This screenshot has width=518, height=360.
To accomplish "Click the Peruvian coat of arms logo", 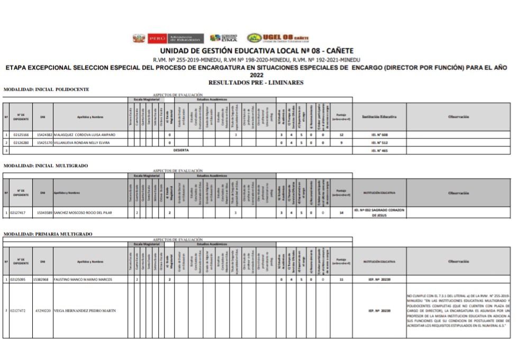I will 139,38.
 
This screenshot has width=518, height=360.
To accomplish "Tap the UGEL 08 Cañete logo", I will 278,38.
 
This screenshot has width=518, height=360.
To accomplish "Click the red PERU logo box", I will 157,38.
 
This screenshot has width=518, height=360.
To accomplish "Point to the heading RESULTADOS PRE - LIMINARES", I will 256,83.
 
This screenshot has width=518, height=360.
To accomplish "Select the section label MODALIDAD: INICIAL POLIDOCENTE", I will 47,89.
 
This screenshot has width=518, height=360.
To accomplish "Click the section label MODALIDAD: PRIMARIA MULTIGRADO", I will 48,233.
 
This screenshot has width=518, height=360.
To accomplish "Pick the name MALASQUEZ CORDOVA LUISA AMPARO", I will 84,134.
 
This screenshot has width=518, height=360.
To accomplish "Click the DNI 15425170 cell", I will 44,142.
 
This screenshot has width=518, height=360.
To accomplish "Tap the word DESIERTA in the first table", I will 181,150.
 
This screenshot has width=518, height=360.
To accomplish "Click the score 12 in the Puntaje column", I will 341,134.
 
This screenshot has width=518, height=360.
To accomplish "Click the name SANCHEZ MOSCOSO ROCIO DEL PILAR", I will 83,212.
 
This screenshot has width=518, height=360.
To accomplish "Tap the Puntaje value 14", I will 341,212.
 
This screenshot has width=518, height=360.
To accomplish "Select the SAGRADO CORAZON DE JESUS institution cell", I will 380,212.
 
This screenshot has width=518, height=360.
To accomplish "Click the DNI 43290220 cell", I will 43,310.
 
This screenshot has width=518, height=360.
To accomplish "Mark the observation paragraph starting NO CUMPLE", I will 458,310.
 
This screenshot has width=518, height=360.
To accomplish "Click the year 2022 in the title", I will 256,75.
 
